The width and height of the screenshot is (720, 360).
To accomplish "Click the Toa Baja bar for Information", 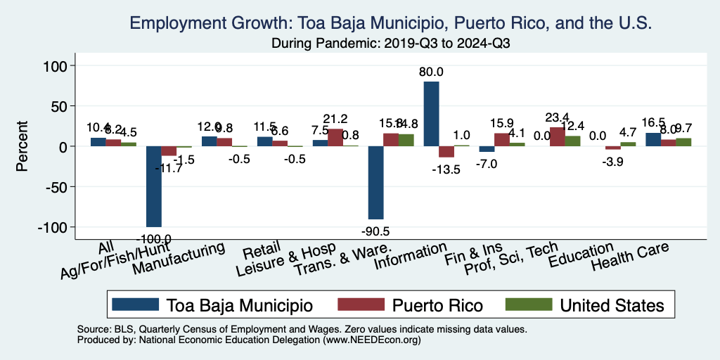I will click(x=431, y=114).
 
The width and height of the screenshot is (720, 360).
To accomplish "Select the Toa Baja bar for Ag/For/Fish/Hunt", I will click(x=153, y=186).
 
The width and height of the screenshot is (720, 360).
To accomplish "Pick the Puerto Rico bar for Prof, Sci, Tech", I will click(x=557, y=137).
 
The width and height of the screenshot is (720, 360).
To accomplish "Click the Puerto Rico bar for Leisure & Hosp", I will click(x=335, y=138).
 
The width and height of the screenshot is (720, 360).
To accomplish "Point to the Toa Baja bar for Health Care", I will click(x=653, y=140).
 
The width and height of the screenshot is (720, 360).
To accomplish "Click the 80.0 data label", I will click(x=431, y=72).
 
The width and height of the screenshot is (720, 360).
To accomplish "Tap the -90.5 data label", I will click(x=375, y=231).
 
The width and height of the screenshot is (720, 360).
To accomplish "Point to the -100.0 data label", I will click(x=153, y=239).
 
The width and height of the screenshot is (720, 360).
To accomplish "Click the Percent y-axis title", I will click(x=22, y=146).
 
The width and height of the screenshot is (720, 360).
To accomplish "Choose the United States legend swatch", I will click(x=528, y=305).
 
